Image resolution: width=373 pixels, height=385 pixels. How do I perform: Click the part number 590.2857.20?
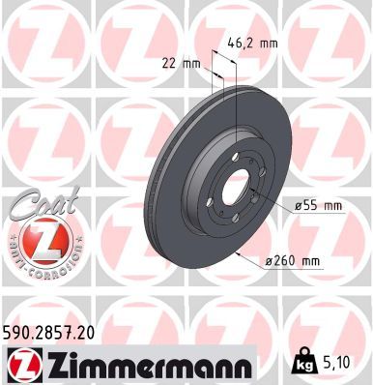pos(56,332)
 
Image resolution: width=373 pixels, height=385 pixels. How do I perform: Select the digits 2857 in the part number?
pos(60,332)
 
